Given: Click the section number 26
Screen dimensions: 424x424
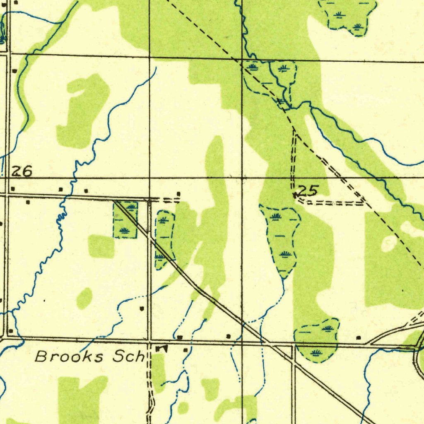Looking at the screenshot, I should (22, 171).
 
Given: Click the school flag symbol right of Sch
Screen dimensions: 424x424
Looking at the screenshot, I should (161, 349).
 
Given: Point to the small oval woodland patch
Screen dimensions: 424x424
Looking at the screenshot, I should (84, 298).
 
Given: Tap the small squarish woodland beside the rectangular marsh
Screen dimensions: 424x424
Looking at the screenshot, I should (101, 246).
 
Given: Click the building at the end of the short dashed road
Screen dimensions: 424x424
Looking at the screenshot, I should (178, 194).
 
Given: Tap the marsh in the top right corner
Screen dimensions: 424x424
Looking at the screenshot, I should (348, 16).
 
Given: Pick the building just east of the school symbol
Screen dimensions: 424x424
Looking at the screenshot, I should (185, 350).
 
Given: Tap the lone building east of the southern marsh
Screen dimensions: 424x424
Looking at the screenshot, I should (358, 338).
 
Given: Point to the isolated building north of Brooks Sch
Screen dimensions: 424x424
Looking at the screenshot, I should (142, 308).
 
